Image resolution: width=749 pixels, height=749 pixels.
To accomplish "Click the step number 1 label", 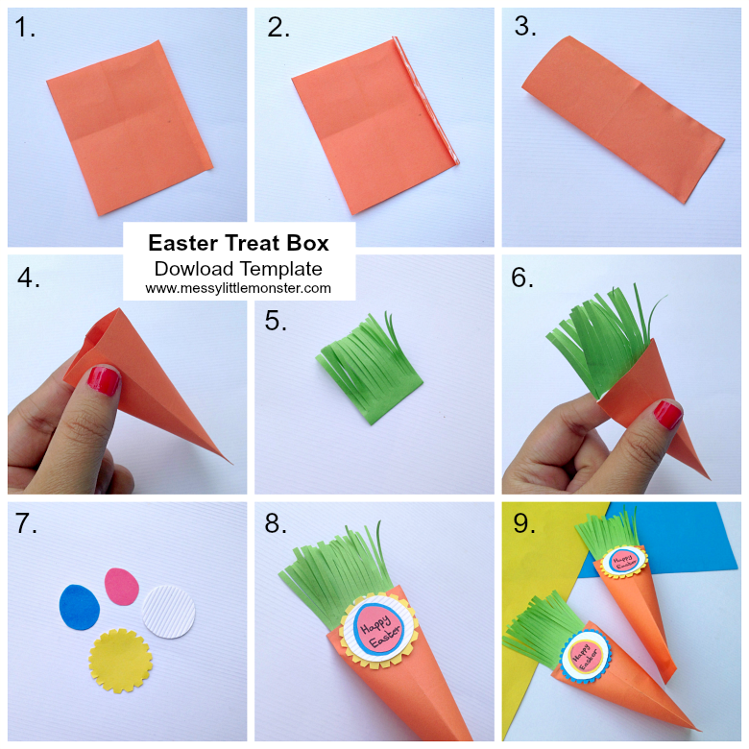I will point(25,29).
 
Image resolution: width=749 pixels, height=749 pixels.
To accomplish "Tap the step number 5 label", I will point(276,322).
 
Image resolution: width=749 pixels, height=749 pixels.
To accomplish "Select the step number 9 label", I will point(524,524).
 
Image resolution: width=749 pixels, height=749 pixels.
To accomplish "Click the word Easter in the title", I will point(186,244).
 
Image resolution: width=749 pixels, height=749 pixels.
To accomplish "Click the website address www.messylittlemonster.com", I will point(238,288).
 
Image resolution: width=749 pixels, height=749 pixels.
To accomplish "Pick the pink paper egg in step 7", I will point(122,586).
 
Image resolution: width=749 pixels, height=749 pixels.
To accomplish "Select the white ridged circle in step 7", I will point(168,611).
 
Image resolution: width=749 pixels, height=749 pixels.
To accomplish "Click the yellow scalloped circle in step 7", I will point(121,661).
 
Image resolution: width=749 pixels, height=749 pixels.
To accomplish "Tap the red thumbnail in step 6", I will point(666,415).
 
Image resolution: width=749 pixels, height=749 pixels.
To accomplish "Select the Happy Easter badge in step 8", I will point(374,629).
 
